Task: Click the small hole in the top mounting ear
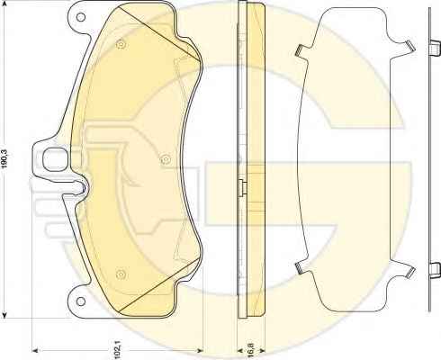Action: pos(81,17)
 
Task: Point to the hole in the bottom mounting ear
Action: pos(80,301)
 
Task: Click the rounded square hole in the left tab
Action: pos(55,159)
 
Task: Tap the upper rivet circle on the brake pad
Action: pos(121,44)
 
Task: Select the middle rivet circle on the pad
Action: pos(165,159)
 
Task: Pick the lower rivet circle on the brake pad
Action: pos(121,274)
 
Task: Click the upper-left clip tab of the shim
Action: pos(300,50)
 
